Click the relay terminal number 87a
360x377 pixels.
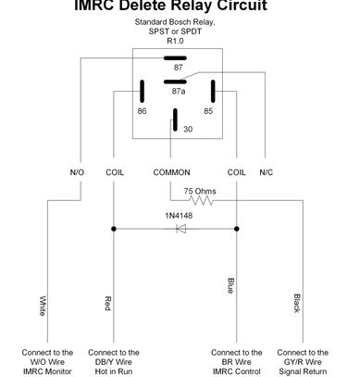[x=179, y=91]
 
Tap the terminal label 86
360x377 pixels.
[x=142, y=111]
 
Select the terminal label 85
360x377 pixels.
[x=208, y=111]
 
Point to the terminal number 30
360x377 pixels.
[x=188, y=129]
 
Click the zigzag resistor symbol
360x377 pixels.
[x=202, y=201]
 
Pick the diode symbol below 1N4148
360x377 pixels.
[x=180, y=229]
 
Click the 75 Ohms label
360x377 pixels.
[x=200, y=191]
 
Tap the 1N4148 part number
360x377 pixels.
[x=179, y=216]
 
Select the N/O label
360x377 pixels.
[x=77, y=172]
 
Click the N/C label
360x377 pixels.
[x=267, y=172]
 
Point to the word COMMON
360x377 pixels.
[x=171, y=172]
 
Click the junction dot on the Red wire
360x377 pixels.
[x=114, y=229]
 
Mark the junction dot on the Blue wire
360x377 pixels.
[x=237, y=229]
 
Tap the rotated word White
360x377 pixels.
[x=43, y=306]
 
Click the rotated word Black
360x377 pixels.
[x=297, y=303]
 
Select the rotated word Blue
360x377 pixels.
[x=230, y=285]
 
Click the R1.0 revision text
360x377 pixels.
[x=175, y=41]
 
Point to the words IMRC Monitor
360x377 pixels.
[x=47, y=371]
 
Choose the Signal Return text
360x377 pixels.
[x=303, y=371]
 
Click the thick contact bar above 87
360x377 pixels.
[x=175, y=58]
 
